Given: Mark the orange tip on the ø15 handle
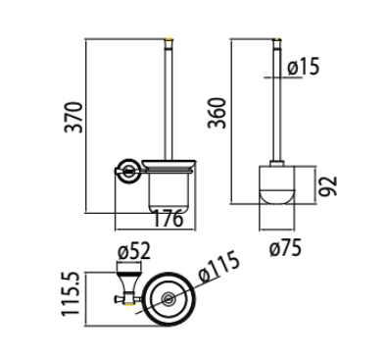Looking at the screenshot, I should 277,43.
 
